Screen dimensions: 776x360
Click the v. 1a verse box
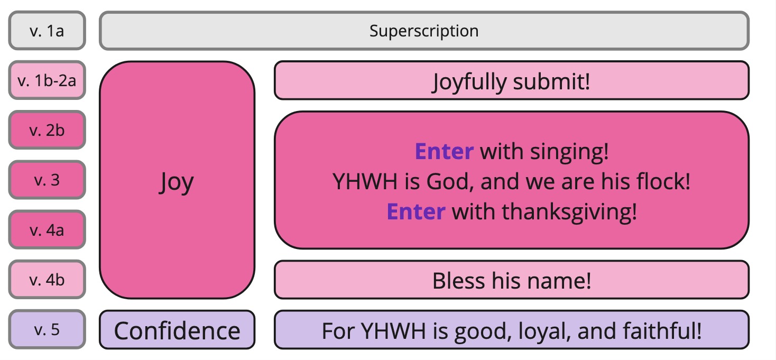coord(47,31)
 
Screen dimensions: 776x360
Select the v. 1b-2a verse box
coord(47,80)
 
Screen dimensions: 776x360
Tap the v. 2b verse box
coord(47,130)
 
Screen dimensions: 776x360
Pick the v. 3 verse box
coord(47,180)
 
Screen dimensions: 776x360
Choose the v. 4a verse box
coord(47,230)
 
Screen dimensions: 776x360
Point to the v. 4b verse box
coord(47,280)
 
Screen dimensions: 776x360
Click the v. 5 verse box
coord(47,329)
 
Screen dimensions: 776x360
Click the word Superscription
coord(424,31)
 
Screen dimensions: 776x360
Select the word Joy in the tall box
coord(177,182)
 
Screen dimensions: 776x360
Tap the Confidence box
coord(177,329)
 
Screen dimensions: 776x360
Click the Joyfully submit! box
coord(512,80)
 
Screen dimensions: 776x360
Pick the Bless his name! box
coord(512,280)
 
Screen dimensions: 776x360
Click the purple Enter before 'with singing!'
coord(444,151)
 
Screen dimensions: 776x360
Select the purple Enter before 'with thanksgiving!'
coord(415,211)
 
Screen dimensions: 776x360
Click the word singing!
coord(569,152)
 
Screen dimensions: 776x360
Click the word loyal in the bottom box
coord(544,331)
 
